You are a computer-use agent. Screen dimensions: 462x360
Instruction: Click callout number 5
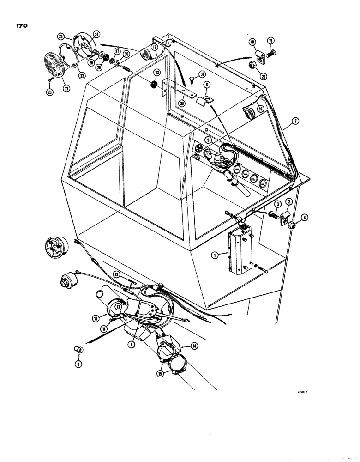click(208, 140)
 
